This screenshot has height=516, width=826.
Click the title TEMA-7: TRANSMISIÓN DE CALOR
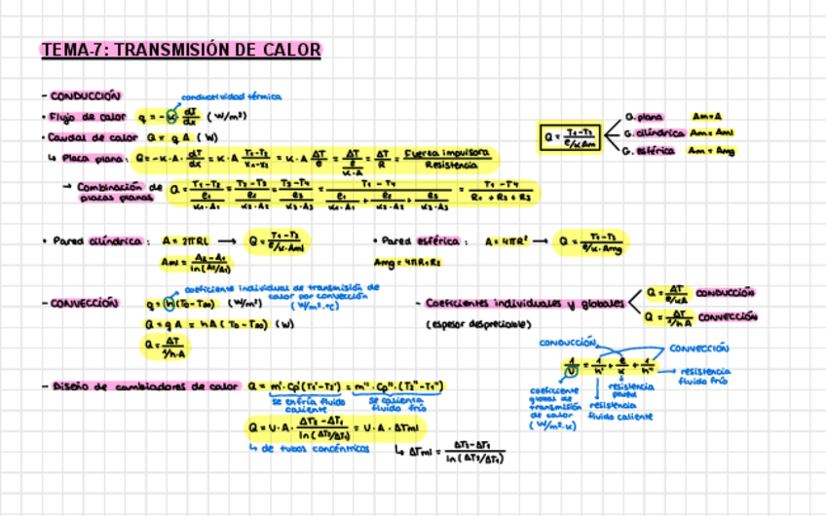click(x=180, y=50)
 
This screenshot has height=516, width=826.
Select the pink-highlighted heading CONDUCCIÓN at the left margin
click(x=83, y=95)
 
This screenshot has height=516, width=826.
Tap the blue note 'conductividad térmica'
click(x=232, y=96)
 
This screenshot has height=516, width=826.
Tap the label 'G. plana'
click(x=644, y=116)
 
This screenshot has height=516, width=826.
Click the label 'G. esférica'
click(x=650, y=151)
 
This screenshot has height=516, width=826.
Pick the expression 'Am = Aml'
click(x=712, y=133)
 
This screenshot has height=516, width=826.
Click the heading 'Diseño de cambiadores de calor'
click(x=144, y=387)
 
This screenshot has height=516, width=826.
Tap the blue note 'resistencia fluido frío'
click(x=707, y=376)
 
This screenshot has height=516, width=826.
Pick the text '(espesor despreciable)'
click(x=476, y=323)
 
